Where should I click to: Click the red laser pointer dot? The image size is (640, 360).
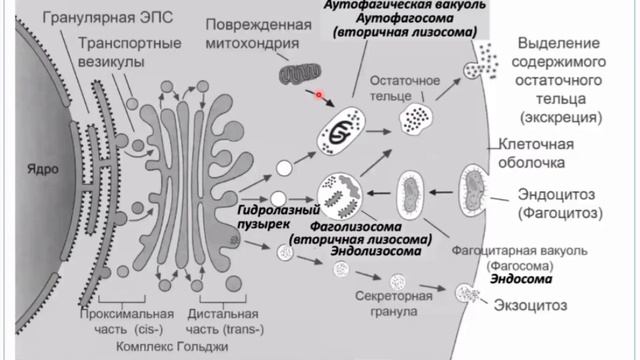click(319, 96)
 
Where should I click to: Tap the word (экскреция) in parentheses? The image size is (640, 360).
click(565, 117)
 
